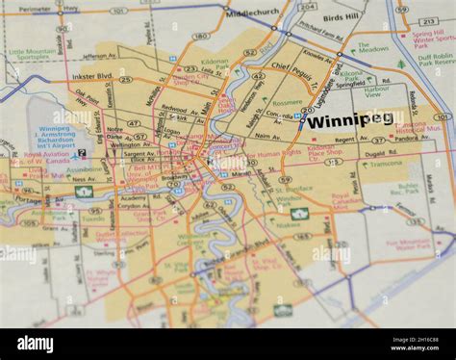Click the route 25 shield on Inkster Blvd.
tap(125, 79)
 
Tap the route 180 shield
tap(199, 36)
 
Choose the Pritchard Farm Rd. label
tap(320, 36)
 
